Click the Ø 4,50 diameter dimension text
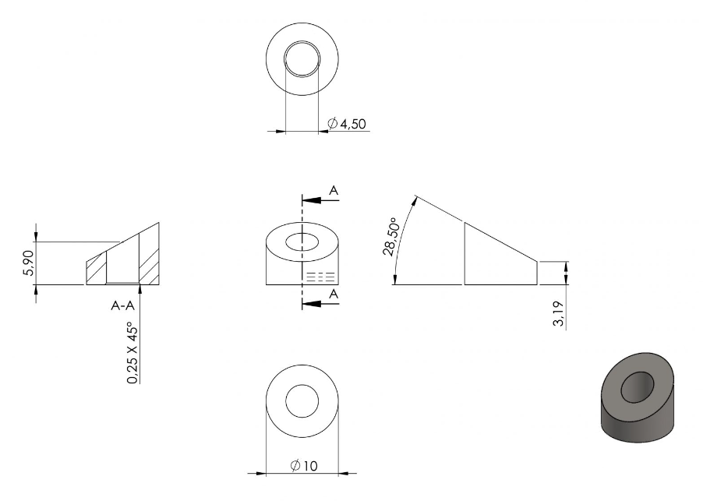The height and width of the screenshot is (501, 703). tap(347, 124)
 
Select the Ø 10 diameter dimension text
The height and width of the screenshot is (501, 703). tap(304, 466)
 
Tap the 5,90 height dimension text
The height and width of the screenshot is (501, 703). tap(28, 263)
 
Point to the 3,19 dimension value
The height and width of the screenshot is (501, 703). tap(559, 314)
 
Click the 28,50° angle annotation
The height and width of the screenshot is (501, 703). tap(390, 237)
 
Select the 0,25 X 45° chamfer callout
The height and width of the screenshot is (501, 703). tap(132, 353)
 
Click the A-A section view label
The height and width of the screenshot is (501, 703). tap(123, 305)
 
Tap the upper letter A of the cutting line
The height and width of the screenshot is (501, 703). tap(334, 190)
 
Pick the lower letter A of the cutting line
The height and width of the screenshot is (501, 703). tap(334, 294)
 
